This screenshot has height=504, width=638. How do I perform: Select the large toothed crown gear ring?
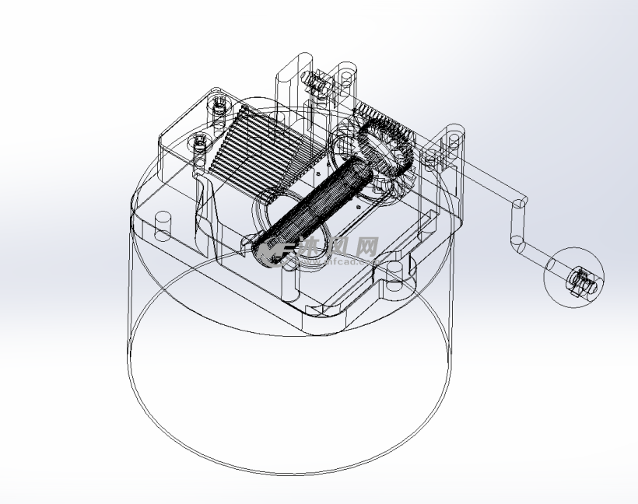[x=385, y=140]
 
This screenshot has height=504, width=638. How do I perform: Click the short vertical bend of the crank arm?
[x=517, y=226]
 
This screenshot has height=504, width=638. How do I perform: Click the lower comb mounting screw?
[x=200, y=145]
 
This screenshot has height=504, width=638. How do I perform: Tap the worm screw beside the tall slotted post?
[x=317, y=81]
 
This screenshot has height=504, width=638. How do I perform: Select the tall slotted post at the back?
[x=295, y=78]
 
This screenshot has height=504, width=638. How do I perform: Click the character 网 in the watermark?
[x=366, y=247]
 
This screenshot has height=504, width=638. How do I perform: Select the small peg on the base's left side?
[x=163, y=226]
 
